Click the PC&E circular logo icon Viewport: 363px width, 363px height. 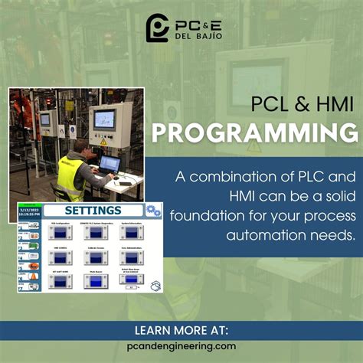click(x=157, y=27)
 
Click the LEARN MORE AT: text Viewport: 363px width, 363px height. click(x=181, y=331)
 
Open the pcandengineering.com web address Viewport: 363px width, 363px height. click(x=181, y=346)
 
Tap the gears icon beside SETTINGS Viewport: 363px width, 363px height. click(x=152, y=210)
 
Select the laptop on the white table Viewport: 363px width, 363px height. click(x=110, y=164)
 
